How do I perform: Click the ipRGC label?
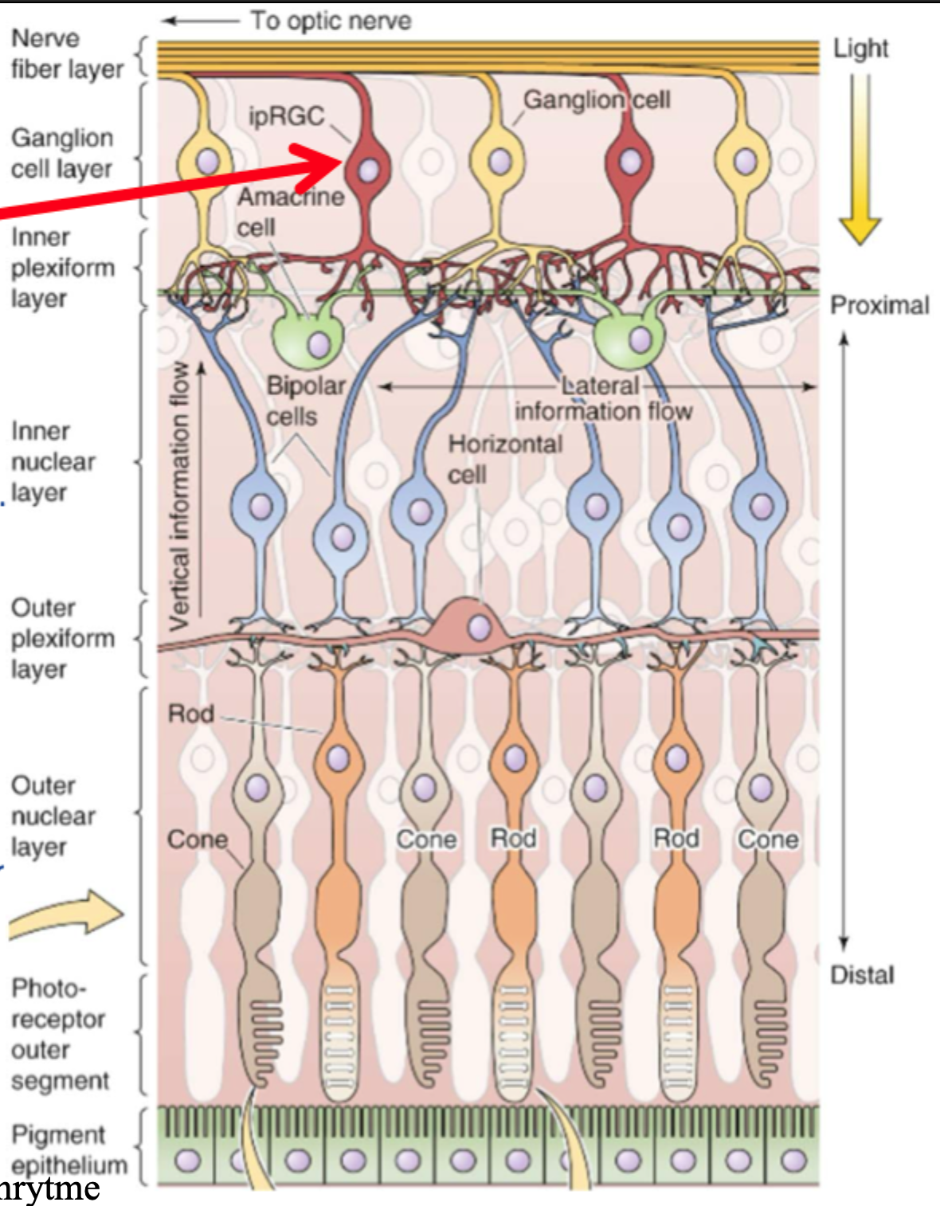pos(286,116)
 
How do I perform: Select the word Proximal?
pos(879,305)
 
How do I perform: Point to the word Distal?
pos(862,974)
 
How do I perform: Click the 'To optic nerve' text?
pos(331,21)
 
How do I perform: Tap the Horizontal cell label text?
pos(504,459)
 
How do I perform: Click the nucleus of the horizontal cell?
pos(479,628)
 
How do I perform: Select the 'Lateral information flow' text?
pos(602,398)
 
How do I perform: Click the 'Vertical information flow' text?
pos(181,494)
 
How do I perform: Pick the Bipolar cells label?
pos(304,401)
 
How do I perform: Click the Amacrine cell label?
pos(290,211)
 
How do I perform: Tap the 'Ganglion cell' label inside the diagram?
pos(596,100)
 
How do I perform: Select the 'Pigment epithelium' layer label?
pos(69,1149)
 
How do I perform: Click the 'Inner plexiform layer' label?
pos(62,268)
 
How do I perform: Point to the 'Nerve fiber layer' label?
pos(67,53)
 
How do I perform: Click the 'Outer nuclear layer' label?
pos(53,816)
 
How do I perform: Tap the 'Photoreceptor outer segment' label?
pos(59,1034)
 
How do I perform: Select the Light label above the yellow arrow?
pos(860,49)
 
